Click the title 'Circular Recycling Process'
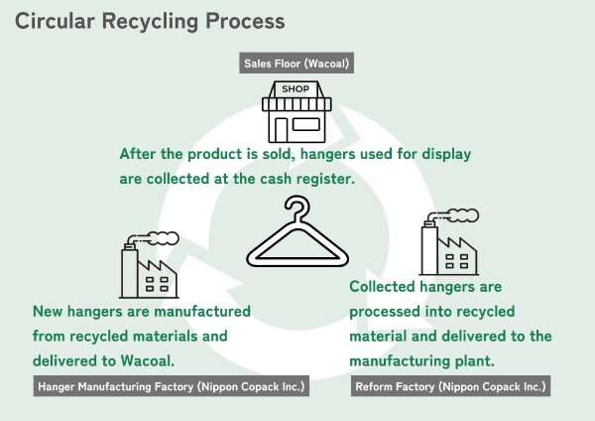[150, 20]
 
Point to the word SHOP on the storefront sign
[297, 89]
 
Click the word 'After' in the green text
[140, 155]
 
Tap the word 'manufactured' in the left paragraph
[198, 311]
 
